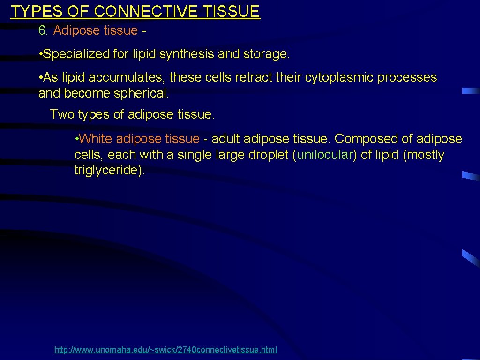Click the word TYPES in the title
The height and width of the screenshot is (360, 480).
point(32,11)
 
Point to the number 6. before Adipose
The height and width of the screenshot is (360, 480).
point(44,30)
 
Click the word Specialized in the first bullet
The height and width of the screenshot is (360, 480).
point(76,54)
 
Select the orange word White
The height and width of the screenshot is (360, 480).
point(96,139)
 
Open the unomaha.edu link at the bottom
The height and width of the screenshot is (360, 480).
point(166,350)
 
